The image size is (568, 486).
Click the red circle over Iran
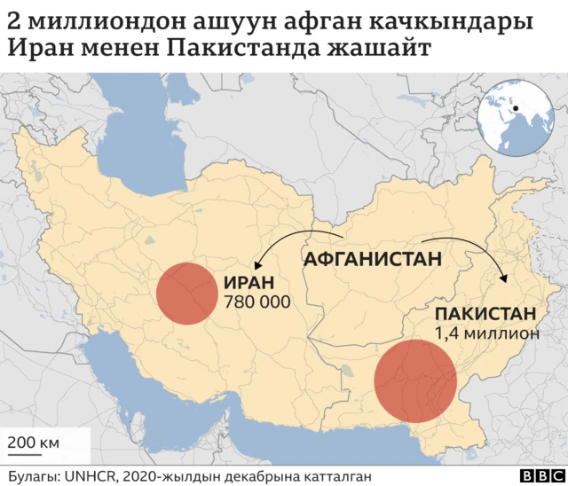186,293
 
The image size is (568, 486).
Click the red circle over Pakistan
414,381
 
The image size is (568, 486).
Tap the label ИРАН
246,285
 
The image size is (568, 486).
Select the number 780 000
257,303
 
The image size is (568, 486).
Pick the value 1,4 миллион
487,333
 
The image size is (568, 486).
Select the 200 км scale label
34,442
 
